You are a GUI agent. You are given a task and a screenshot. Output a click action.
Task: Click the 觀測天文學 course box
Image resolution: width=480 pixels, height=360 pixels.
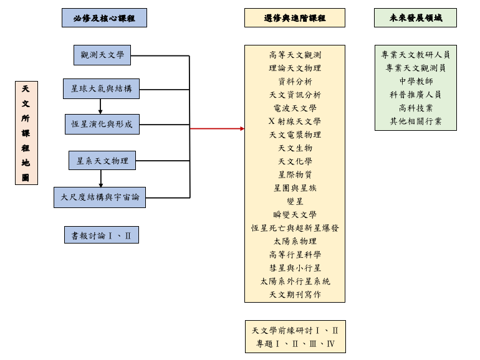click(x=102, y=55)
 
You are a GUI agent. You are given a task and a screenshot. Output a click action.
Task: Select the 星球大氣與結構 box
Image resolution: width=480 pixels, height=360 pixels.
click(x=101, y=88)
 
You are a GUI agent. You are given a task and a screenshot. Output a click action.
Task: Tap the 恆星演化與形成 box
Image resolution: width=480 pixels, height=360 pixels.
click(x=102, y=124)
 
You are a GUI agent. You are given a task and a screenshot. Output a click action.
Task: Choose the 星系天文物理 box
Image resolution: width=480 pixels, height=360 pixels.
click(x=102, y=161)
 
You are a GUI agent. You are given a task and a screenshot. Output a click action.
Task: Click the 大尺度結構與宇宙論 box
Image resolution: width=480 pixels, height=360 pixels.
click(x=100, y=197)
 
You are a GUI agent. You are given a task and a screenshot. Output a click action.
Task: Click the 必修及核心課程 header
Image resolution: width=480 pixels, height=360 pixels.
click(x=104, y=18)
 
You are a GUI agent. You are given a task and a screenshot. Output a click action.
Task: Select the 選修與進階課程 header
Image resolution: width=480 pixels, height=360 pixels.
click(x=295, y=18)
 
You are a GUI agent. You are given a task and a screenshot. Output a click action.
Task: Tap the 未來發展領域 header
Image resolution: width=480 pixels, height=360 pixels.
click(x=415, y=18)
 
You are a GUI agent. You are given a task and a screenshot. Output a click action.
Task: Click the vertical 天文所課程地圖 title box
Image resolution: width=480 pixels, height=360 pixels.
click(x=26, y=133)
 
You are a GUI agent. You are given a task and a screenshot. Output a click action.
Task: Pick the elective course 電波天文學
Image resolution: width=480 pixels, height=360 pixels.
click(x=295, y=108)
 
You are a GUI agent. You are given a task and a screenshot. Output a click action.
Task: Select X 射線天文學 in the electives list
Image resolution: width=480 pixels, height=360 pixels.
click(x=295, y=121)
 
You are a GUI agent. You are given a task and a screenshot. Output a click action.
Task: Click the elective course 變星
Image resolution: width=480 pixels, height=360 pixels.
click(x=295, y=201)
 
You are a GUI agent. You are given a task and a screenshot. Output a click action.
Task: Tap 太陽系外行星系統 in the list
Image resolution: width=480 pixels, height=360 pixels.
click(x=295, y=281)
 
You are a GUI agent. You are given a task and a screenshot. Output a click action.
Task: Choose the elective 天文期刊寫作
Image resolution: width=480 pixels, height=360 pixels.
click(x=295, y=294)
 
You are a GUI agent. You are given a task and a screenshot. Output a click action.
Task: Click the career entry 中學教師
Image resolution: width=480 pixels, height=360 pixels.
click(x=416, y=81)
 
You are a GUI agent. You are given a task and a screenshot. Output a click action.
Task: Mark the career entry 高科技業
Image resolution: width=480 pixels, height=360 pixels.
click(x=416, y=108)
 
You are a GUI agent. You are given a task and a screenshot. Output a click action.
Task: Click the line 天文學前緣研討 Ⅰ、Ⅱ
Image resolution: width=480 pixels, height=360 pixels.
click(x=295, y=331)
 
